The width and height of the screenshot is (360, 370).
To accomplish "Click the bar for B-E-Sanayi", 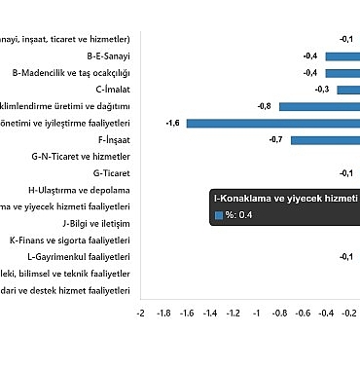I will [342, 56].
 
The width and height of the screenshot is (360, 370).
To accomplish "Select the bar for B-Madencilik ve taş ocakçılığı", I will [342, 73].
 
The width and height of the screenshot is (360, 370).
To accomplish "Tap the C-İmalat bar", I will [348, 90].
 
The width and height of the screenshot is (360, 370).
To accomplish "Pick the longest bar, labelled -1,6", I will [272, 124].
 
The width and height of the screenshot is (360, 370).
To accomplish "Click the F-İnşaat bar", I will [325, 140].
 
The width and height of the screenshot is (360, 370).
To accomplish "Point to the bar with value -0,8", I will [319, 106].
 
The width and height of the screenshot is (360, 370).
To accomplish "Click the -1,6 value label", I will [172, 124].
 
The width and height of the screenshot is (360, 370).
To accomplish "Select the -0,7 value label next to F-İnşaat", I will [274, 140].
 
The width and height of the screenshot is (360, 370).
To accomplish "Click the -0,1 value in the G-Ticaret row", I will [345, 173].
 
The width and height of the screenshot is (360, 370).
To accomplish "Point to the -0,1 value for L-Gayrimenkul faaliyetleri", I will [345, 256].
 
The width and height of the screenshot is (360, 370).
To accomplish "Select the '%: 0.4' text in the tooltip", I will [240, 214].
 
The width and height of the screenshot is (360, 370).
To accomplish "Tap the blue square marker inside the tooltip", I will [218, 214].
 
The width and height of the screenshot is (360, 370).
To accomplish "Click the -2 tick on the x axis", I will [141, 314].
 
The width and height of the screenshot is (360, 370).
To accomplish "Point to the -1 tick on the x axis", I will [257, 314].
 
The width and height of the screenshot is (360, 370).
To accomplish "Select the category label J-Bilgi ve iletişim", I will [94, 223].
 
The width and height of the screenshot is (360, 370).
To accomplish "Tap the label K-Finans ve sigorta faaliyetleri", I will [69, 240].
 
